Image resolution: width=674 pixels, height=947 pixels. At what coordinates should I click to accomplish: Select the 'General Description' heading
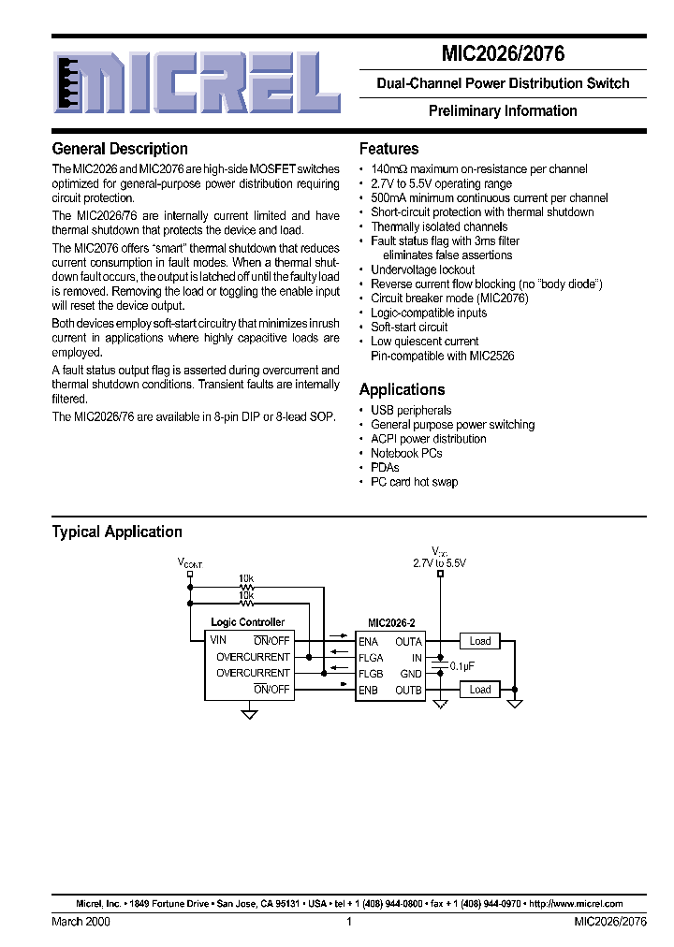(x=120, y=149)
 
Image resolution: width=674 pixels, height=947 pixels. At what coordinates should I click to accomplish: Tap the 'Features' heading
(x=388, y=149)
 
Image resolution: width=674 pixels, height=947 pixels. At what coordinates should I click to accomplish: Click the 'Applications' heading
(x=402, y=389)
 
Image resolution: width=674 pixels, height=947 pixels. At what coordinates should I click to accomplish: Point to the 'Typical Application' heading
(x=117, y=532)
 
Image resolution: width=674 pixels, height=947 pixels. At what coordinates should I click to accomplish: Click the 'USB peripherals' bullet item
(x=411, y=410)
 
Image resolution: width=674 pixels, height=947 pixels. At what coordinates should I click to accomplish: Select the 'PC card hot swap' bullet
(x=414, y=482)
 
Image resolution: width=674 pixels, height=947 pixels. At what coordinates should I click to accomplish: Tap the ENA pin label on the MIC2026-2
(x=368, y=641)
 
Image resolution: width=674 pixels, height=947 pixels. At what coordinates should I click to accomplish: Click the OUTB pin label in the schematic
(x=408, y=691)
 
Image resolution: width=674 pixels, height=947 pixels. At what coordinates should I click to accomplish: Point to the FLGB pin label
(x=371, y=674)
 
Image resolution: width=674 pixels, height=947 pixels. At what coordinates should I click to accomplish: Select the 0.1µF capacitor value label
(x=463, y=665)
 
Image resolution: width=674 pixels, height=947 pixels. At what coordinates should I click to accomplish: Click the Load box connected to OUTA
(x=480, y=641)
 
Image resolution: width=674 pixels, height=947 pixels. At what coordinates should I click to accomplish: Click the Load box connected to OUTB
(x=480, y=690)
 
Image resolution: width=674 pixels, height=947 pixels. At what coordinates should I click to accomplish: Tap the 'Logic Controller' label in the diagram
(x=247, y=622)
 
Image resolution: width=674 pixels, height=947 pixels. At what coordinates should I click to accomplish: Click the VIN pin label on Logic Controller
(x=218, y=640)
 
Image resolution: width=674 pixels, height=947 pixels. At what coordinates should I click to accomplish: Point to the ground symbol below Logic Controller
(x=250, y=714)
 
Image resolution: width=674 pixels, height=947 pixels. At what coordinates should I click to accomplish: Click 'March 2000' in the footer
(x=81, y=922)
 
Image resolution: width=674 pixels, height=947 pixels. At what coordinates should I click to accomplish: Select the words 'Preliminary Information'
(x=503, y=110)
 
